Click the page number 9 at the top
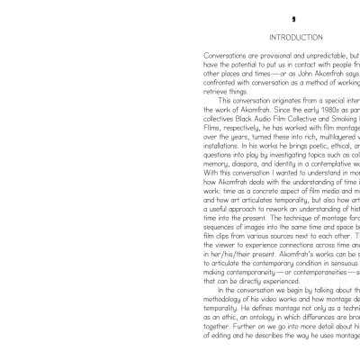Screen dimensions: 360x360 click(x=293, y=19)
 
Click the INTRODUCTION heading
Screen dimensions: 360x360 click(x=295, y=37)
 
